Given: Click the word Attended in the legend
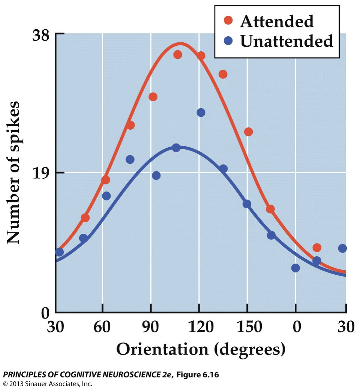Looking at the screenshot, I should pos(277,22).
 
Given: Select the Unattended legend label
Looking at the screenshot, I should pos(286,41).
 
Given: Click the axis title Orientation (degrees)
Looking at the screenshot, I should pos(201,349).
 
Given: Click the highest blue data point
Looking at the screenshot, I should pos(201,112).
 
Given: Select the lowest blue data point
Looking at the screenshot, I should pos(295,268).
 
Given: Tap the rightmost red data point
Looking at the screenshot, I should pos(317,247).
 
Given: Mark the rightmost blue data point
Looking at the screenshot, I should pos(342,248).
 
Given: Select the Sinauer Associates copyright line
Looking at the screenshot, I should pos(48,384).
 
